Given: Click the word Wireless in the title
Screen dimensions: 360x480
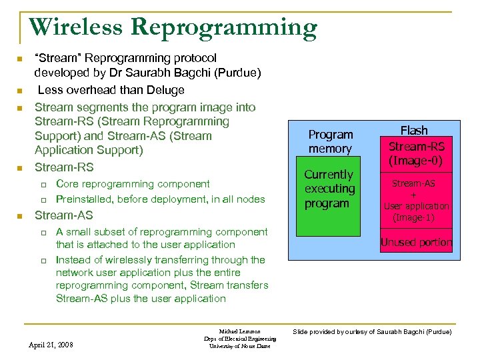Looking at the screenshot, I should pyautogui.click(x=76, y=27).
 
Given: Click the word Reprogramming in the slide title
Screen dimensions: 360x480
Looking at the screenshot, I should pyautogui.click(x=223, y=29).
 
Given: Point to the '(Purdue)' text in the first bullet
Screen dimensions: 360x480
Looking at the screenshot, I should pyautogui.click(x=237, y=73).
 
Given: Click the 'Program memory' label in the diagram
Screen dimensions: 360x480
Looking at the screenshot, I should pyautogui.click(x=331, y=141).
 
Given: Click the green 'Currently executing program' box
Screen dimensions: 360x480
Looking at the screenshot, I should pyautogui.click(x=329, y=200).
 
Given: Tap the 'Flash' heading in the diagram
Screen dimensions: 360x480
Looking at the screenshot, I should pyautogui.click(x=414, y=131).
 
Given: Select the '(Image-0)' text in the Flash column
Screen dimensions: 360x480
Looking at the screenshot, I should pyautogui.click(x=417, y=161).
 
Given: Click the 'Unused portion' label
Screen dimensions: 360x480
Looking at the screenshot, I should pyautogui.click(x=416, y=243).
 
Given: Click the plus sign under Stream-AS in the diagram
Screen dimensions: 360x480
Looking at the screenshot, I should pyautogui.click(x=413, y=195).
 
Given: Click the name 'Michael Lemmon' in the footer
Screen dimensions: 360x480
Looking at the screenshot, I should pyautogui.click(x=239, y=331).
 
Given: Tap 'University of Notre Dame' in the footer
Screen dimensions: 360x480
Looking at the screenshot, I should pyautogui.click(x=239, y=346).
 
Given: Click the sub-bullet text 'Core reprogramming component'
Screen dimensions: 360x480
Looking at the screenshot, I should pyautogui.click(x=133, y=184).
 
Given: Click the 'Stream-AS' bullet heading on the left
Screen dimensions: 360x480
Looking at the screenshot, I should pyautogui.click(x=63, y=215).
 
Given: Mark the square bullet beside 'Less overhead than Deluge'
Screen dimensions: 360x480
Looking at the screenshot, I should pyautogui.click(x=21, y=91).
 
